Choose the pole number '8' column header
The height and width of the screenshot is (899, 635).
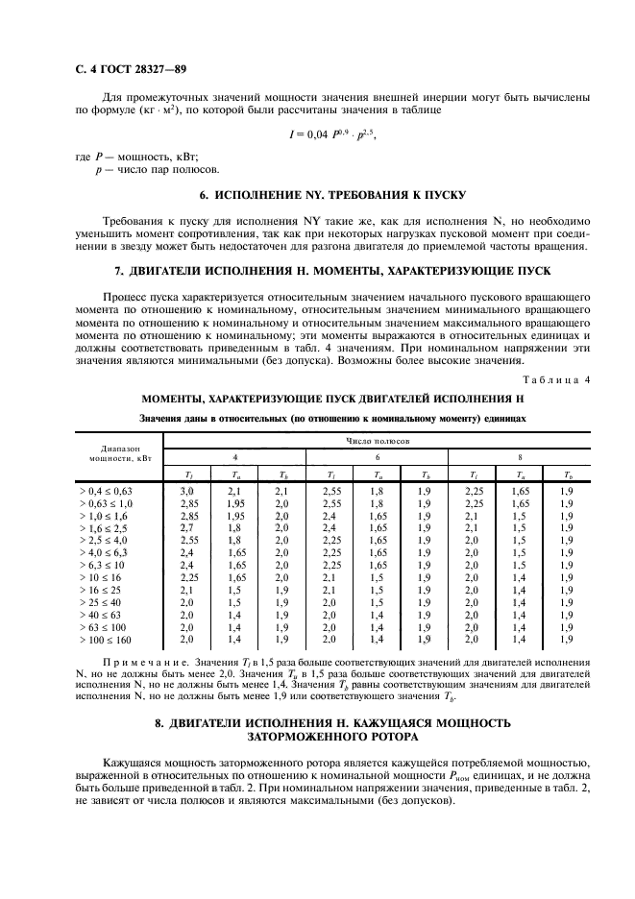click(x=520, y=456)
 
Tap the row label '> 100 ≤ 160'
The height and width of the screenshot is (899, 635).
click(x=106, y=638)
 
